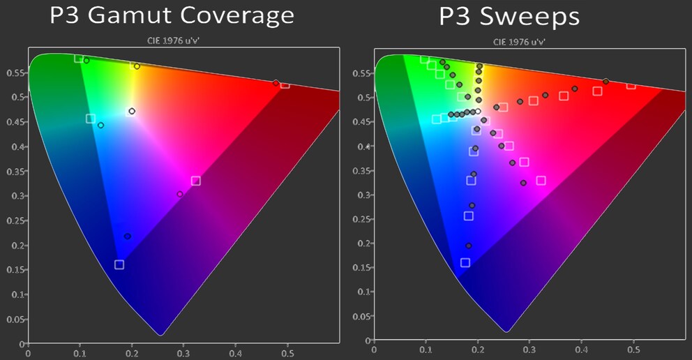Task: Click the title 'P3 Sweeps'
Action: click(x=509, y=16)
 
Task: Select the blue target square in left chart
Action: click(x=119, y=264)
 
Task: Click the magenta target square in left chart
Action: click(x=196, y=181)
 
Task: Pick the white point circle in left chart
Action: click(x=132, y=111)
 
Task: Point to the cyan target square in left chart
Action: click(x=91, y=119)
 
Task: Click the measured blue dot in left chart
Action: click(x=127, y=236)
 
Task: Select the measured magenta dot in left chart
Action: click(x=180, y=194)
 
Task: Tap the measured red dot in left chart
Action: click(x=276, y=83)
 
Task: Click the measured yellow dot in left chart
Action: click(x=137, y=66)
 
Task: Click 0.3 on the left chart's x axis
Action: click(x=183, y=353)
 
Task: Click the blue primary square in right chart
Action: click(x=465, y=263)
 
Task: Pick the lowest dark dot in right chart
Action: click(x=468, y=246)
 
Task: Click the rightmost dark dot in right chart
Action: click(x=605, y=82)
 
